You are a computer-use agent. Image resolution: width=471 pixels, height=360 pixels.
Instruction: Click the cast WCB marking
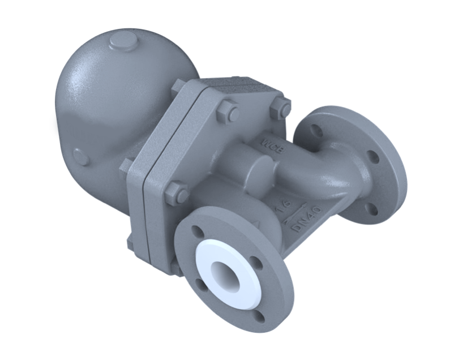[269, 142]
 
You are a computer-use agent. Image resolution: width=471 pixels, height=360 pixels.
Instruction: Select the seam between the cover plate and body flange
[145, 187]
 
